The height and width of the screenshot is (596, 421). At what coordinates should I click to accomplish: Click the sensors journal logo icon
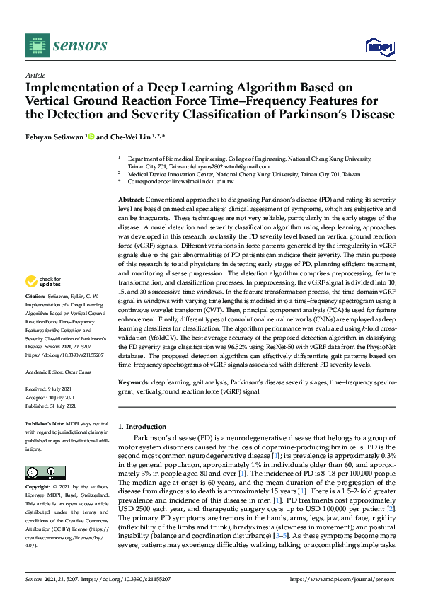(x=33, y=45)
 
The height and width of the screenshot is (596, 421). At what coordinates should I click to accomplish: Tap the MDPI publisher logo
(x=378, y=46)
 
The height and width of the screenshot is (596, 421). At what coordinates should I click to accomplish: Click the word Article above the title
(x=35, y=75)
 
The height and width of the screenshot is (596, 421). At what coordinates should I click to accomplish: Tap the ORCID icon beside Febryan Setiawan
(x=91, y=136)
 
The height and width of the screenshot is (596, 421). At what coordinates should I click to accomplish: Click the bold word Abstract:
(x=132, y=201)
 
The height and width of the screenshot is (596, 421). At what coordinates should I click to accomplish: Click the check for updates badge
(x=43, y=282)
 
